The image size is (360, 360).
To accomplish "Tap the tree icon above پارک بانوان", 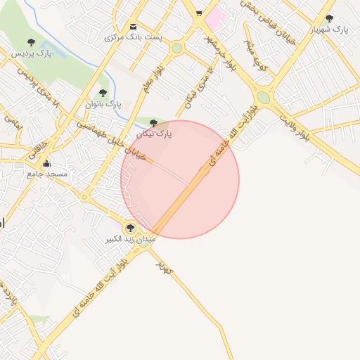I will pos(103,93).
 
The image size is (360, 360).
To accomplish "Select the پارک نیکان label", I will pos(154,132).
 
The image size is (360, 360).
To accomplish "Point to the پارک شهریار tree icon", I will pos(329,19).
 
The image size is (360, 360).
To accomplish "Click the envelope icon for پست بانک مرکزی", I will pos(134,27).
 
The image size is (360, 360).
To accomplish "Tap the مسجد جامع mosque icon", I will pos(46,164).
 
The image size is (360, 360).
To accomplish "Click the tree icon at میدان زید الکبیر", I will pos(129,227).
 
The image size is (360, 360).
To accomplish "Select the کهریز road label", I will pos(165,266).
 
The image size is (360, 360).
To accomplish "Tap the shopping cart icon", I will pos(200,13).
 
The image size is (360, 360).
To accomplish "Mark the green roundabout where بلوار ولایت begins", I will pos(264,97).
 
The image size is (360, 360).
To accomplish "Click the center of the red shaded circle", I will pos(180,179).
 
